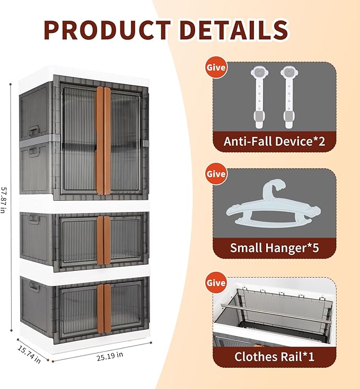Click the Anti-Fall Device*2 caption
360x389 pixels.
tap(274, 142)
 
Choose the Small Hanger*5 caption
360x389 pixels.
tap(274, 247)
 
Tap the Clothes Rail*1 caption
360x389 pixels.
tap(274, 357)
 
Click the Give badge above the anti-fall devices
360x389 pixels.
tap(216, 68)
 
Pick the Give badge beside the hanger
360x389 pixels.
tap(216, 174)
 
